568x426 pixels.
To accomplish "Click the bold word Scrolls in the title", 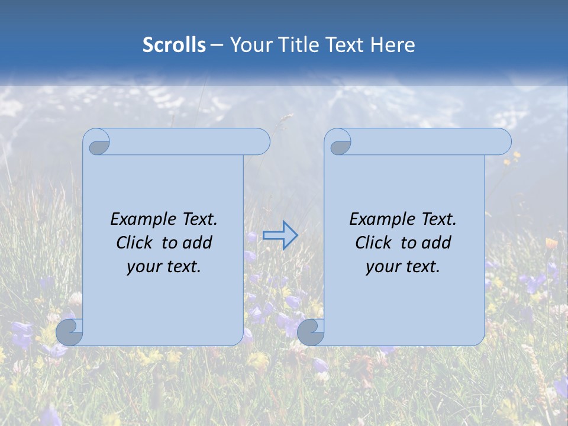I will click(174, 45).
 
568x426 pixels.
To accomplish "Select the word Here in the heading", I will click(393, 45).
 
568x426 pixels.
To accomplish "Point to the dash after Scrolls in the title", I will click(217, 46).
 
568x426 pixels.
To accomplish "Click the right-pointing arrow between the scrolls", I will click(280, 235).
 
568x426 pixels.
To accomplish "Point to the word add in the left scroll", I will click(198, 243).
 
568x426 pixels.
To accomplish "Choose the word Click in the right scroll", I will click(373, 243).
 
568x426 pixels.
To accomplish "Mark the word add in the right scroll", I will click(437, 243).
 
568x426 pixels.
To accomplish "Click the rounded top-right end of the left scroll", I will click(260, 142).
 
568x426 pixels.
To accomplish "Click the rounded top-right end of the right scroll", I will click(502, 142).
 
